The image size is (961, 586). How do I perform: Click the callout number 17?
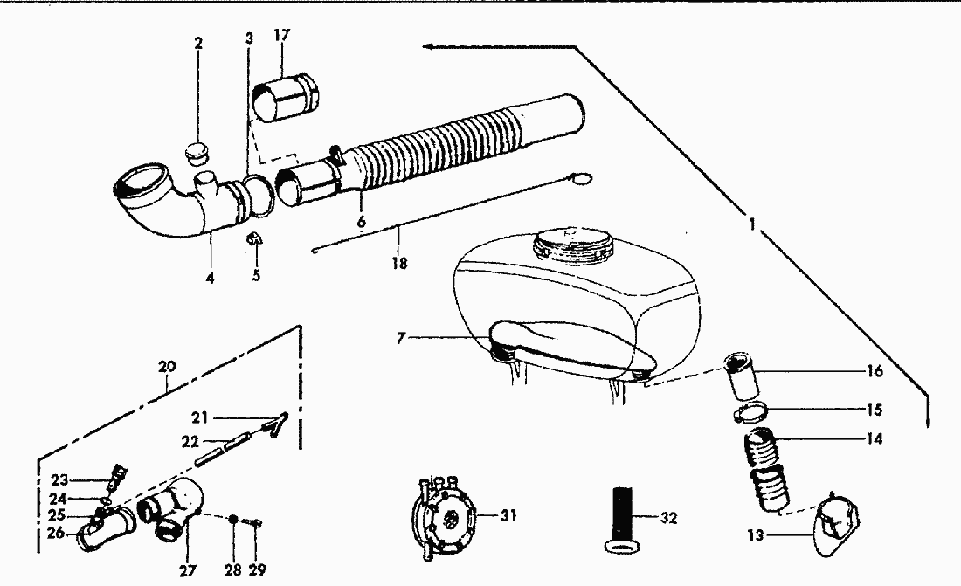coord(281,36)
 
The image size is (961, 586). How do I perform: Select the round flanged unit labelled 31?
coord(445,517)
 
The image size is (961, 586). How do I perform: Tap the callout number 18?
coord(401,261)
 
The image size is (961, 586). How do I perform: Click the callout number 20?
coord(166,367)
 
